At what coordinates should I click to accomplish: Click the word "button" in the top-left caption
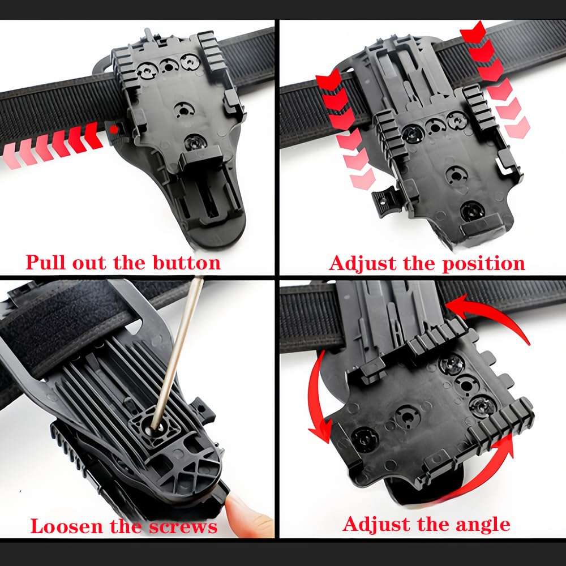pos(187,263)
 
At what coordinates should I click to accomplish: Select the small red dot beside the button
pos(114,130)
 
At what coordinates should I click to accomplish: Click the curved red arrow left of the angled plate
pos(318,396)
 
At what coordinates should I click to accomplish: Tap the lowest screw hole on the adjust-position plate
pos(471,211)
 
